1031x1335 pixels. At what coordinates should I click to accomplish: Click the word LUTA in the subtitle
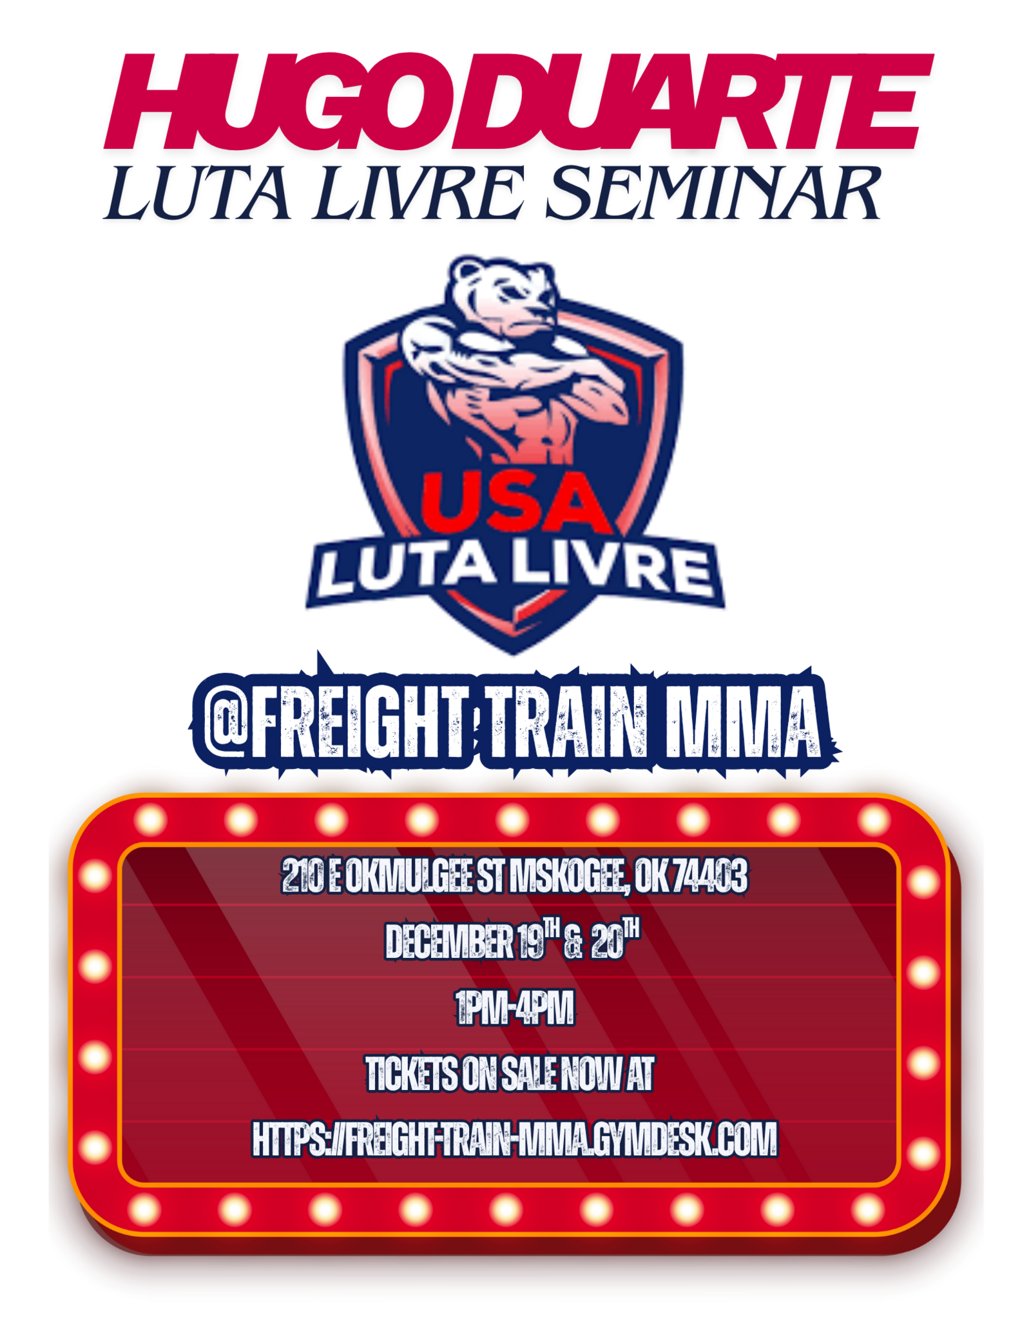[x=197, y=193]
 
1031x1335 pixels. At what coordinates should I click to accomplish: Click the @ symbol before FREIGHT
[x=225, y=723]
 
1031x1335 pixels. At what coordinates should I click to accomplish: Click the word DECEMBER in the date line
[x=450, y=941]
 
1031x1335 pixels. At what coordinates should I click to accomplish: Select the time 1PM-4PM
[x=514, y=1008]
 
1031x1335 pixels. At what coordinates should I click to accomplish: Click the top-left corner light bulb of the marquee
[x=151, y=821]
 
